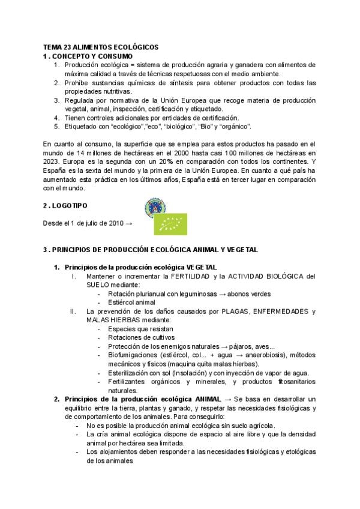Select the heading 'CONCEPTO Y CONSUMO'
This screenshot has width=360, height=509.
pyautogui.click(x=87, y=56)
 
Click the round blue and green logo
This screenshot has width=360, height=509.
pyautogui.click(x=155, y=208)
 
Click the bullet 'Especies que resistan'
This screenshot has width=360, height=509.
pyautogui.click(x=140, y=329)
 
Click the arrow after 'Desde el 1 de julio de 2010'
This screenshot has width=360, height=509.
pyautogui.click(x=128, y=223)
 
